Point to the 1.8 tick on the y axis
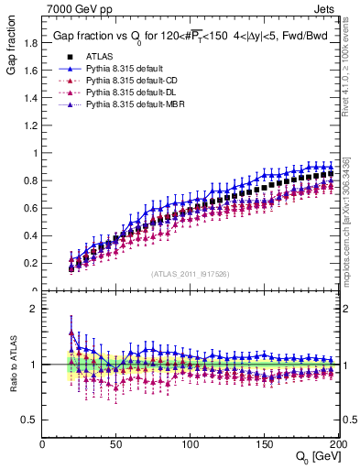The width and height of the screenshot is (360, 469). (x=30, y=43)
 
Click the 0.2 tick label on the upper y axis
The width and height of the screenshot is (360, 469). (x=30, y=263)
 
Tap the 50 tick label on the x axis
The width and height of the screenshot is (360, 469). (x=116, y=442)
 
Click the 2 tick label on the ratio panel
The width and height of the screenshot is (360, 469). (x=34, y=309)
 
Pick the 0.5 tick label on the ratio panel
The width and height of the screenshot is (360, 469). (x=30, y=420)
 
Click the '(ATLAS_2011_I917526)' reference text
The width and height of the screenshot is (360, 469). (x=190, y=274)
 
